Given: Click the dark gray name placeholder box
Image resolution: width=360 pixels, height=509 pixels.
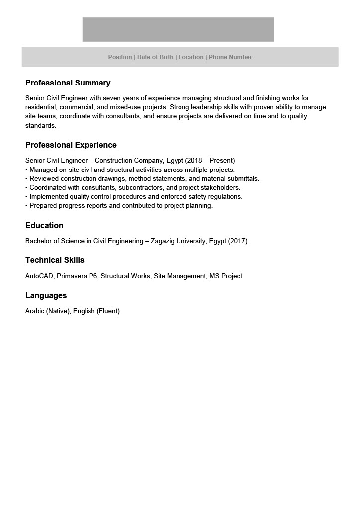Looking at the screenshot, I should [178, 29].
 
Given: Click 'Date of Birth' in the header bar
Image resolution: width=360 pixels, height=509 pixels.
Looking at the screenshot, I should [155, 57].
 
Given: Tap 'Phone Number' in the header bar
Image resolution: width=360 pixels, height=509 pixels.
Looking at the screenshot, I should [230, 57].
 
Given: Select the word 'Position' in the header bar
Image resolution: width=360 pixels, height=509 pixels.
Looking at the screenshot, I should [120, 57].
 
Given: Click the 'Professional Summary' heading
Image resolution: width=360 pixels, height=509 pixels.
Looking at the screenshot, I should [68, 83].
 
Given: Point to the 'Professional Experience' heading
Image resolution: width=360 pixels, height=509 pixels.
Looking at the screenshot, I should [71, 145].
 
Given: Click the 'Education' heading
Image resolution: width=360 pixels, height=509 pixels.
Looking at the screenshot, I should [44, 226].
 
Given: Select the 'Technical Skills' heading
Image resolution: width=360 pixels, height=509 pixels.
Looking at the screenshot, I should [55, 260].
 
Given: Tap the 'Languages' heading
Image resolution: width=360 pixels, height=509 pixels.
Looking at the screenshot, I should [46, 296].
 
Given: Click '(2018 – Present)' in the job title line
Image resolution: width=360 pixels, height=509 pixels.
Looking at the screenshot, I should [210, 161].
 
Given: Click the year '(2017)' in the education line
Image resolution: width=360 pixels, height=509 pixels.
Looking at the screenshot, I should [238, 241].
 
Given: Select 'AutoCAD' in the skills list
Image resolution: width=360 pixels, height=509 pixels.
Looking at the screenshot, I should [40, 276].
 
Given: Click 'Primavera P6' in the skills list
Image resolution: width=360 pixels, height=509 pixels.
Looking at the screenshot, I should [77, 276].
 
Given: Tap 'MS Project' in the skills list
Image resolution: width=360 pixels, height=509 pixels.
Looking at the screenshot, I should [225, 276].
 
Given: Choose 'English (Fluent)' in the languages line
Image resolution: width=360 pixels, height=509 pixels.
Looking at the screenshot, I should [96, 311].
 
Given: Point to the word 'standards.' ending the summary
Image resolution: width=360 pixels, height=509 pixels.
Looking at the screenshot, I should [41, 126].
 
